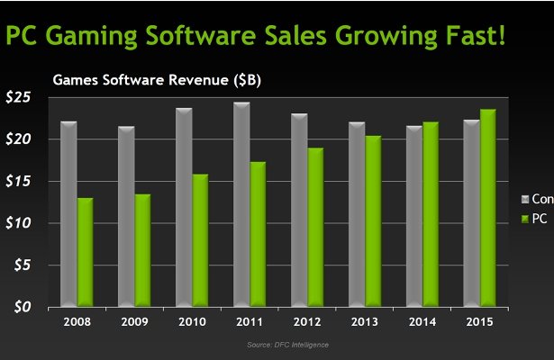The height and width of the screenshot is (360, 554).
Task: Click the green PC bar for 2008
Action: (85, 252)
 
